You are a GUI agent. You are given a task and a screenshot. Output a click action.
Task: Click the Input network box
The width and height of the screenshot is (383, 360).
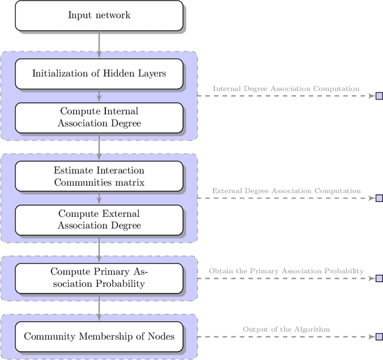(99, 15)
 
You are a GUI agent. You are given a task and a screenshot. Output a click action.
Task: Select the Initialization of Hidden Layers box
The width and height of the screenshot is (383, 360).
(99, 74)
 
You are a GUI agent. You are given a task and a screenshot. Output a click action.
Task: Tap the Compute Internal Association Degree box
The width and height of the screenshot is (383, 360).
(99, 117)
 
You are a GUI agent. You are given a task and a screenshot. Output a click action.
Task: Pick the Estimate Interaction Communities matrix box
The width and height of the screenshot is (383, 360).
(99, 176)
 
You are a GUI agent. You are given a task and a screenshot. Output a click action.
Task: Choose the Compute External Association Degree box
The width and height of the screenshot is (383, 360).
(99, 220)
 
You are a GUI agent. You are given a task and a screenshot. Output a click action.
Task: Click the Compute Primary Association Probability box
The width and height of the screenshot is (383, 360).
(99, 278)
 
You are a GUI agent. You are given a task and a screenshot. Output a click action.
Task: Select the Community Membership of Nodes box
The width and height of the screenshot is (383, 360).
(99, 337)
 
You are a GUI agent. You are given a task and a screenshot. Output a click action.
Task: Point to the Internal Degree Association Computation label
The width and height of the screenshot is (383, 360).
(286, 89)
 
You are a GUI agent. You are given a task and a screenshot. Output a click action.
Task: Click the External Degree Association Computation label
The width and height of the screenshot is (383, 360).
(286, 191)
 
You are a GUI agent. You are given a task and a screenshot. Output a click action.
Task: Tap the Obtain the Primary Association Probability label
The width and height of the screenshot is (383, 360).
(286, 271)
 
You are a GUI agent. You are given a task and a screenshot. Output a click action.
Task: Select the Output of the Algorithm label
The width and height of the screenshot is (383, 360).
(286, 329)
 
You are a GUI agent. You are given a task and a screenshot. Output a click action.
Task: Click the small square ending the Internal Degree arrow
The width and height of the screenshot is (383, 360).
(379, 96)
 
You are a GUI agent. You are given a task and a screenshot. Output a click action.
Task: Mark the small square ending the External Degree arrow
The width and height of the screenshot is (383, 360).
(379, 198)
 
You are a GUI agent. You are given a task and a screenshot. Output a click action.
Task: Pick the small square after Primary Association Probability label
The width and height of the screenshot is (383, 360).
(379, 279)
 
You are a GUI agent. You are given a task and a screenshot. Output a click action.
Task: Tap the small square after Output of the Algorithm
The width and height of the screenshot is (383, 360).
(379, 337)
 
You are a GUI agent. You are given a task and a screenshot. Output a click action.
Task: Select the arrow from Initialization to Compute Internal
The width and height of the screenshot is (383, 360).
(99, 96)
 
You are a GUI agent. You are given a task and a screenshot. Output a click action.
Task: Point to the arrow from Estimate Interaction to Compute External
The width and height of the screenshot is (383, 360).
(99, 198)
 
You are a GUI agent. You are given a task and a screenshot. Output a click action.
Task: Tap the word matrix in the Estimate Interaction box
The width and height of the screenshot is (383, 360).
(130, 182)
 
